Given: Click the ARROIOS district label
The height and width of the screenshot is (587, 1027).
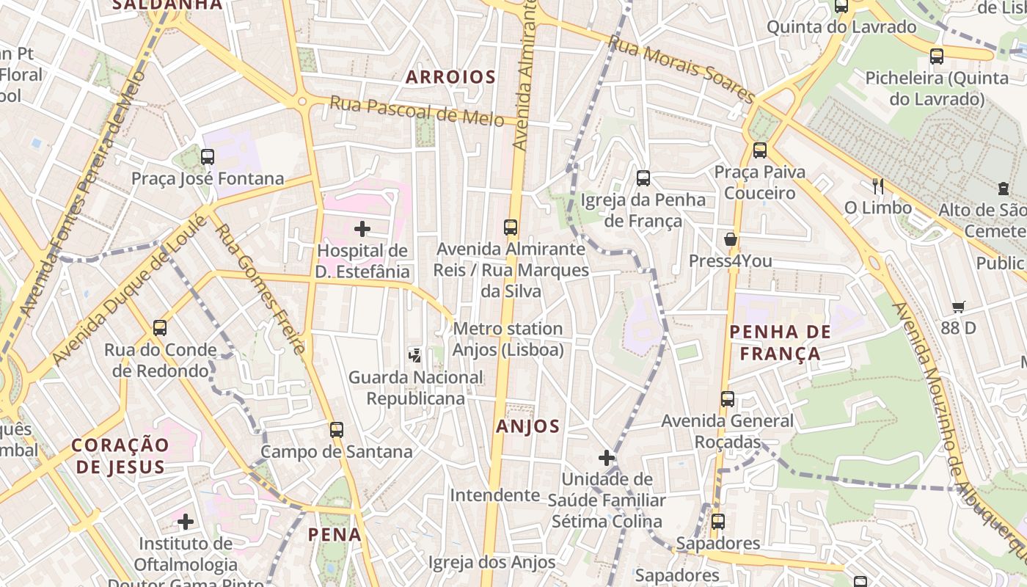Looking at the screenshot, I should coord(450,77).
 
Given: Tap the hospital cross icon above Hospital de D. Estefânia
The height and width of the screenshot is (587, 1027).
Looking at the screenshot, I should coord(362,229).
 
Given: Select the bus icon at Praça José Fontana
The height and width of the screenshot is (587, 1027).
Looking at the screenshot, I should coord(208,156).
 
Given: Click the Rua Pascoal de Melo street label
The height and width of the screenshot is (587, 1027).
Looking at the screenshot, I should coord(417,111).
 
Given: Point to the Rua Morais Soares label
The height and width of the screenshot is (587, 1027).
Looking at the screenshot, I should coord(681,70).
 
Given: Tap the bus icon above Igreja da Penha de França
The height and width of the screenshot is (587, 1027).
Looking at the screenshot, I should coord(643,178).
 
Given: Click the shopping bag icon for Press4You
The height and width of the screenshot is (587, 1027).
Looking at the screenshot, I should coord(731,239).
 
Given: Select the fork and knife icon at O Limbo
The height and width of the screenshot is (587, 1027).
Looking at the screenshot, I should coord(877,186).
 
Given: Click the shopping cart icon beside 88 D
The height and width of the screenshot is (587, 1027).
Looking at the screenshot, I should coord(958,307).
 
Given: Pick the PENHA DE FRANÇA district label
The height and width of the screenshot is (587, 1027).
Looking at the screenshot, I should coord(780,343).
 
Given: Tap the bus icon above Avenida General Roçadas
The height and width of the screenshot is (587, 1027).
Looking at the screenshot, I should coord(727,399).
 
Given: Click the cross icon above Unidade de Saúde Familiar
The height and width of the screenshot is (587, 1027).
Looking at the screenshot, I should coord(607,459).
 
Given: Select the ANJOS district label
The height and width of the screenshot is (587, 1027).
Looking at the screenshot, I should coord(528,426).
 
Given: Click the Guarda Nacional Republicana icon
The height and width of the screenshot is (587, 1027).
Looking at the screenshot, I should coord(415,356).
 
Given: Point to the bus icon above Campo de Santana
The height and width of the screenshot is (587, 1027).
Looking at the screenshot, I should coord(337,430).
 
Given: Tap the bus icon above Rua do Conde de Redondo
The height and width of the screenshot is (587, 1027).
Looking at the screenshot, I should coord(160,328).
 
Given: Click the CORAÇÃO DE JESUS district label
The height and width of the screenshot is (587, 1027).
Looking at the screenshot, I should coord(120,456).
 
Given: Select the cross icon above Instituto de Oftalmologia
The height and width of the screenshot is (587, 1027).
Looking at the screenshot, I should coord(186,522).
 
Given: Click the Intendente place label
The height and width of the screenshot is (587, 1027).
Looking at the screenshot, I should coord(495,495).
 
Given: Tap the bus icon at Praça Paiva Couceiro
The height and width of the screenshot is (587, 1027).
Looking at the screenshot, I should coord(760,150).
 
